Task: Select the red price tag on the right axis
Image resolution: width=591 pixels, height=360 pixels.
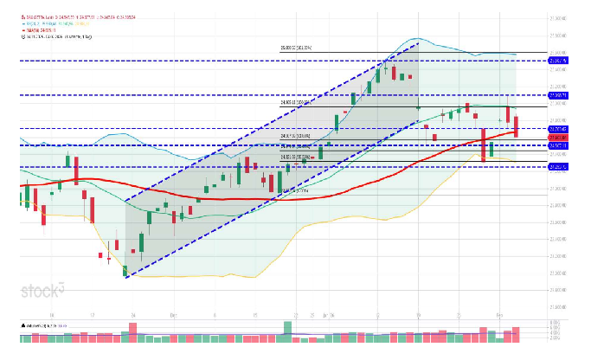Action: (x=558, y=138)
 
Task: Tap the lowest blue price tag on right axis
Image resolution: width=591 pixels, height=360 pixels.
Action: (x=558, y=166)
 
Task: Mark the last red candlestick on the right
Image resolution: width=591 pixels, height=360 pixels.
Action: (x=516, y=126)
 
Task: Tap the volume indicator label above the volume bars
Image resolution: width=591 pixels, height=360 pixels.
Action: (x=43, y=325)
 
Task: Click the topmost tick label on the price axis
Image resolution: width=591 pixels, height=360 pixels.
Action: (x=558, y=17)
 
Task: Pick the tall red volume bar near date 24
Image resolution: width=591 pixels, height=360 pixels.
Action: (x=132, y=329)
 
